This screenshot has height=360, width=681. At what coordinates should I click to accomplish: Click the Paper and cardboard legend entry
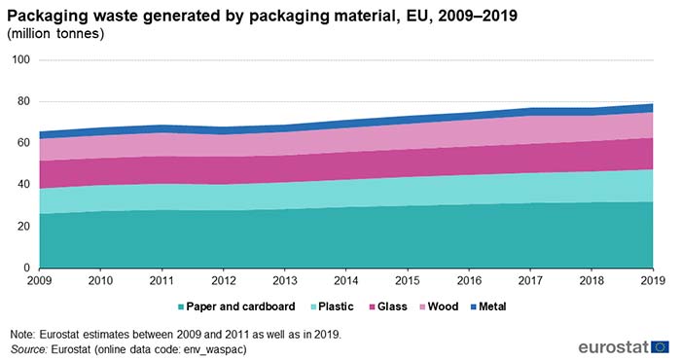coord(236,306)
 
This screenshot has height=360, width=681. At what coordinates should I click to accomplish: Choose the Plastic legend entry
coord(337,306)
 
